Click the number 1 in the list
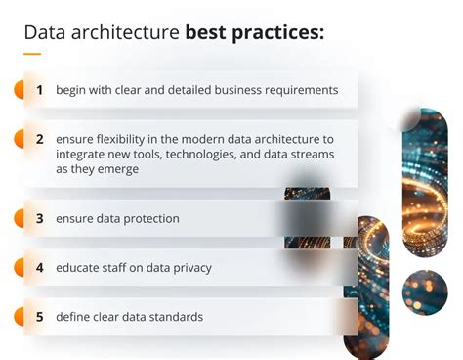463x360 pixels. pyautogui.click(x=40, y=90)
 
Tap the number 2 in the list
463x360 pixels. pyautogui.click(x=40, y=138)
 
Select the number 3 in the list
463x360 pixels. pyautogui.click(x=40, y=218)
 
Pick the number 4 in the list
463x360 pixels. pyautogui.click(x=40, y=267)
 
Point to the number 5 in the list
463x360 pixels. pyautogui.click(x=40, y=316)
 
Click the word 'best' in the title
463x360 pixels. pyautogui.click(x=206, y=33)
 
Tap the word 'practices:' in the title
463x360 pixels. pyautogui.click(x=277, y=33)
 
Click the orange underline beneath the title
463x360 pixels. pyautogui.click(x=32, y=54)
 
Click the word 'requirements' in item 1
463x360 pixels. pyautogui.click(x=299, y=90)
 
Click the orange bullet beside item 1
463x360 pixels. pyautogui.click(x=19, y=90)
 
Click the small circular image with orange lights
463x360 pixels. pyautogui.click(x=425, y=291)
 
